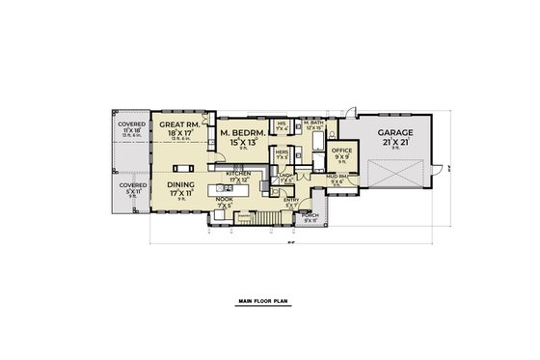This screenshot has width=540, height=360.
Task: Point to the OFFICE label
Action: [342, 152]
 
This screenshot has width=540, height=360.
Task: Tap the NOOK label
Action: [224, 200]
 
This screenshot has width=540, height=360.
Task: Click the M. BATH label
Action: [311, 124]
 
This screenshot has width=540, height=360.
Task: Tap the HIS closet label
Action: [282, 124]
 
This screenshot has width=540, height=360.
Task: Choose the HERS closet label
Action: [282, 152]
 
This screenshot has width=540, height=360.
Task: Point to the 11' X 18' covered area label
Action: [131, 128]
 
